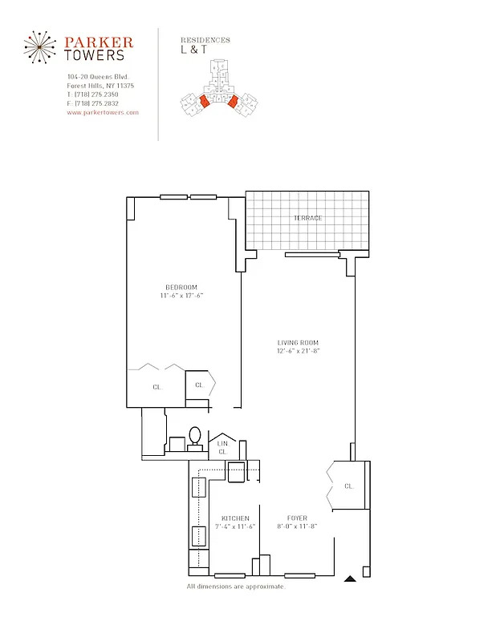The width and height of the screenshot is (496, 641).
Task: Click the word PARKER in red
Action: [x=99, y=42]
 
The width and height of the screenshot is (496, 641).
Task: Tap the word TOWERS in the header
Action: [x=95, y=55]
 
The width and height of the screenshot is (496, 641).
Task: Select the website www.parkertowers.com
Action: [x=103, y=112]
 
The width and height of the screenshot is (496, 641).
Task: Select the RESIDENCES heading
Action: [x=205, y=40]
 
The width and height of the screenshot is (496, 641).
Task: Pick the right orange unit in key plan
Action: [x=233, y=102]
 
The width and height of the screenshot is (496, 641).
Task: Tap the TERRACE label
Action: [x=307, y=218]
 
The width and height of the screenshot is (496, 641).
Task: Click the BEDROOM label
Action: [x=181, y=288]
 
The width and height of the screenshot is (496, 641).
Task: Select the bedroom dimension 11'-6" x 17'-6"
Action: [x=181, y=296]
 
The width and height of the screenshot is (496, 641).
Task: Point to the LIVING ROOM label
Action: [x=299, y=343]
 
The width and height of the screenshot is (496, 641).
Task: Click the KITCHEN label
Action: [x=235, y=518]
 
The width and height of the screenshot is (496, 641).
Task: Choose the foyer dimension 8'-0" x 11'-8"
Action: [x=297, y=526]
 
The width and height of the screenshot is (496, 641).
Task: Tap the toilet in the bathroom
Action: [x=195, y=437]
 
